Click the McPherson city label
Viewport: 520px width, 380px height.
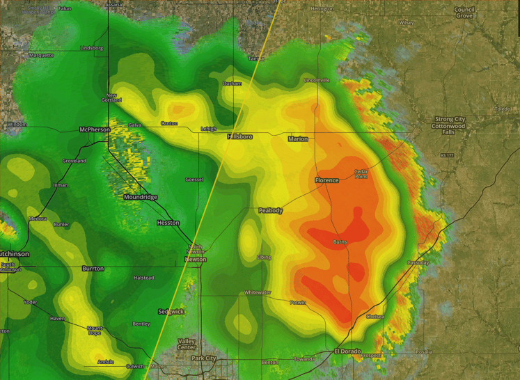(x=95, y=129)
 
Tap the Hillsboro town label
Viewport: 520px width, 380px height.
(x=240, y=137)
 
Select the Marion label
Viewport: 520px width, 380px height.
(x=298, y=139)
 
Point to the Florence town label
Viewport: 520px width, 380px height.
(x=326, y=180)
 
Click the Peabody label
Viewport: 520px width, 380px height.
(x=271, y=210)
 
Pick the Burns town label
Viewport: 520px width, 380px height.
(x=340, y=242)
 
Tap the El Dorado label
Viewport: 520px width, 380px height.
(x=347, y=351)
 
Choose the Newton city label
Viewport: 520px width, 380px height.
(x=195, y=260)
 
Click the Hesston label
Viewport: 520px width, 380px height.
(x=168, y=223)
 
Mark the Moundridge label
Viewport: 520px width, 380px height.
(x=140, y=197)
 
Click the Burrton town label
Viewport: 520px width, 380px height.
(x=93, y=269)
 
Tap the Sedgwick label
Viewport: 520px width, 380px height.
(x=171, y=312)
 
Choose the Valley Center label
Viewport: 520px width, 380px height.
(x=187, y=344)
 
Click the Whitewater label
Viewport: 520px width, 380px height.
(x=258, y=293)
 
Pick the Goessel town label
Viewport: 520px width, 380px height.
(x=194, y=180)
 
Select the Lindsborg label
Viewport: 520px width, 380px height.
(x=92, y=48)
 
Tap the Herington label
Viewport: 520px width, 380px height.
(x=322, y=8)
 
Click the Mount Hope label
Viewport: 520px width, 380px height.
(x=94, y=330)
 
